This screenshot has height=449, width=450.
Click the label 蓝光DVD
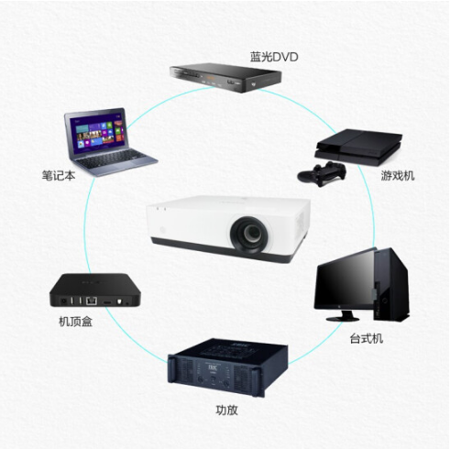[274, 57]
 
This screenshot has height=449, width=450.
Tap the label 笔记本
[59, 176]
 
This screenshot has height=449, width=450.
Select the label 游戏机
[398, 176]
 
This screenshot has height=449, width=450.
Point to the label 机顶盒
[75, 322]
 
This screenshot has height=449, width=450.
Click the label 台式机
[366, 338]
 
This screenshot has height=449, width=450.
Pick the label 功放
[226, 411]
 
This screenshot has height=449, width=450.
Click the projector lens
[249, 235]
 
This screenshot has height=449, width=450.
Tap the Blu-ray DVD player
[225, 78]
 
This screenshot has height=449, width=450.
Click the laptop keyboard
[113, 159]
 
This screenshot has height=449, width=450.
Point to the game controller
[322, 174]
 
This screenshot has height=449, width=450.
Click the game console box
[358, 147]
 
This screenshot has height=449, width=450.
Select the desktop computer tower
[391, 284]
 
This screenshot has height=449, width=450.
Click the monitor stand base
[343, 318]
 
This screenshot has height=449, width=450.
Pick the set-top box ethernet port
[92, 301]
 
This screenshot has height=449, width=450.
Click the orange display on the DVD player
[210, 78]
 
